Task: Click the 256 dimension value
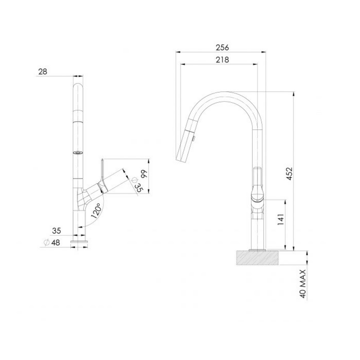pos(222,47)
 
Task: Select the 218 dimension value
pos(222,60)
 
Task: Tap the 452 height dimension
pos(289,173)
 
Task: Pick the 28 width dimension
pos(43,72)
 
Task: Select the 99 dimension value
pos(143,174)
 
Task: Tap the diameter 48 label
pos(51,242)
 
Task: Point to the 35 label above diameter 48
pos(56,231)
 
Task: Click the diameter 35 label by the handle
pos(137,185)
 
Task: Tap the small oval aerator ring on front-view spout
pos(78,152)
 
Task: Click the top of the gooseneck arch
pos(225,94)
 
